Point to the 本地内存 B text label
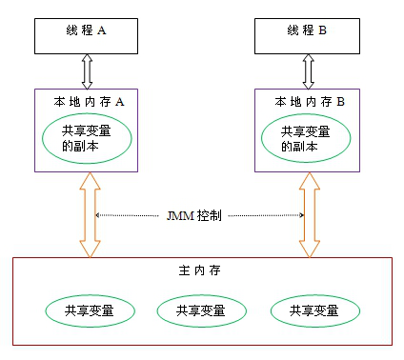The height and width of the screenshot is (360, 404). coord(309,99)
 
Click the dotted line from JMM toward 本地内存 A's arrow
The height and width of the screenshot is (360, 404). coord(129,216)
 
